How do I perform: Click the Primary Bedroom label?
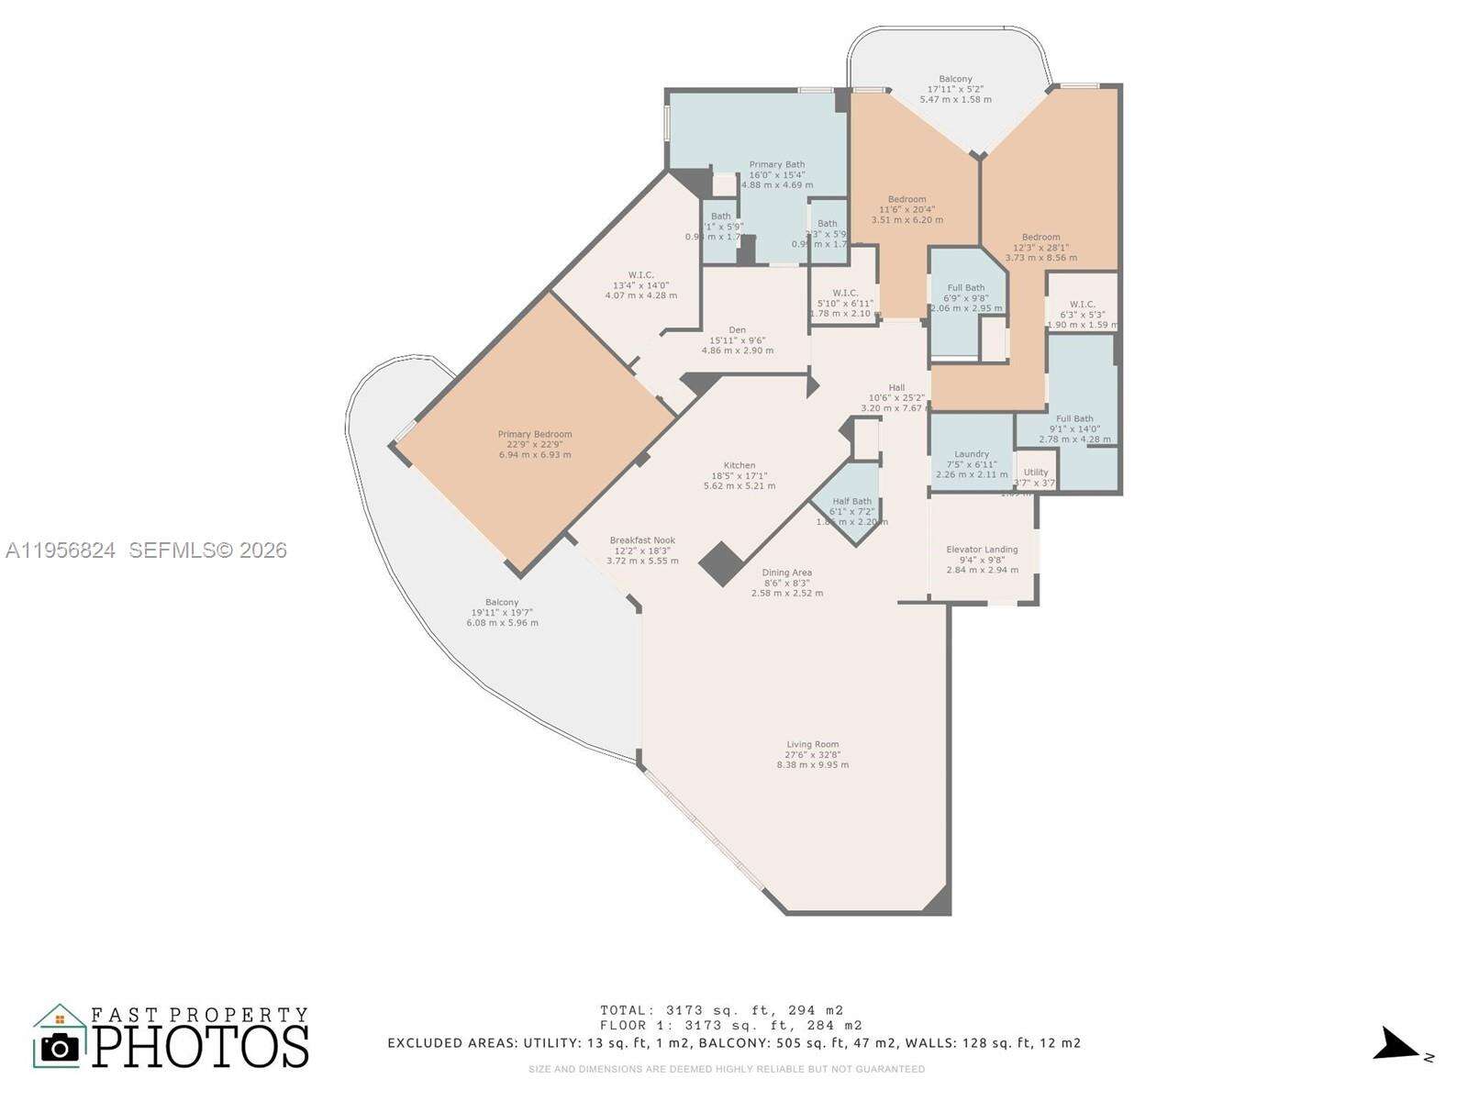click(x=535, y=435)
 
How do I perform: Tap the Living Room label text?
click(x=812, y=745)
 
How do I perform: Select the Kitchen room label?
click(x=740, y=466)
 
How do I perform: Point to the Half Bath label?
click(x=851, y=502)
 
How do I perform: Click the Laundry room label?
click(x=972, y=454)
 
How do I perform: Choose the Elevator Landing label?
click(x=982, y=550)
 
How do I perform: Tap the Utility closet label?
click(x=1035, y=473)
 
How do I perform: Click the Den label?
click(x=737, y=330)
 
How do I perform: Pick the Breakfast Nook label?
click(x=642, y=540)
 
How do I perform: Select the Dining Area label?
click(x=787, y=573)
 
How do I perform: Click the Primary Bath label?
click(x=776, y=165)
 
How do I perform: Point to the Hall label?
click(x=896, y=388)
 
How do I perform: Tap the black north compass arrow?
click(x=1396, y=1045)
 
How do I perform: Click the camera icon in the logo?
click(x=61, y=1047)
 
